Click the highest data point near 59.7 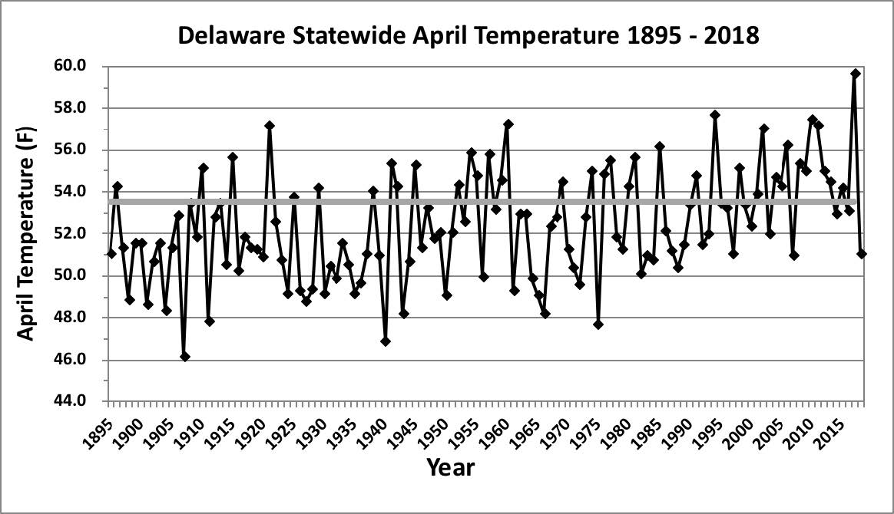(x=856, y=74)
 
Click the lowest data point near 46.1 (x=185, y=357)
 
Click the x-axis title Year (x=450, y=467)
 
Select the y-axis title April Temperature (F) (x=25, y=233)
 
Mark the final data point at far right (x=862, y=254)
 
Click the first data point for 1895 (x=111, y=254)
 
